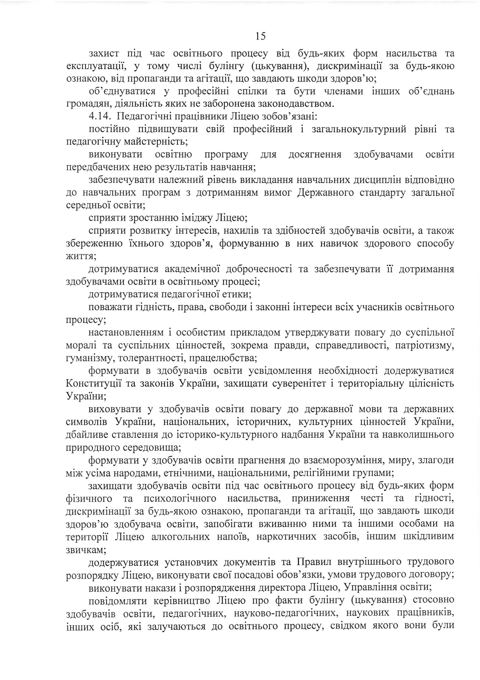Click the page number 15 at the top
(x=260, y=36)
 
